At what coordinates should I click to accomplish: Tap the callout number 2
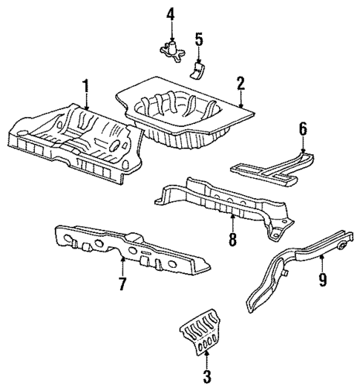pos(240,83)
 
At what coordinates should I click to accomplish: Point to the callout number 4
pos(171,13)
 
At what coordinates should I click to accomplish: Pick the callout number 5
pos(198,38)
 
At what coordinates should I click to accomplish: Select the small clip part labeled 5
pos(197,69)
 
